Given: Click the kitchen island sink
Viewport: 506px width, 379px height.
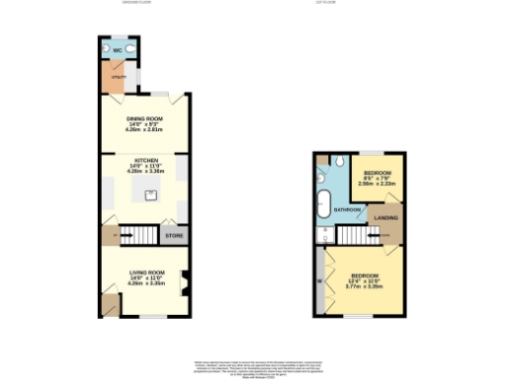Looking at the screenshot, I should pyautogui.click(x=151, y=193).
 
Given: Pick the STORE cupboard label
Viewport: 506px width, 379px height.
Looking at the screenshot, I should pyautogui.click(x=174, y=236).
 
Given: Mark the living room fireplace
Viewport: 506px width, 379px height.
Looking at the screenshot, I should pyautogui.click(x=184, y=289).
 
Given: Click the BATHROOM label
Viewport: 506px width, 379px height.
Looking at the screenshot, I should pyautogui.click(x=346, y=210).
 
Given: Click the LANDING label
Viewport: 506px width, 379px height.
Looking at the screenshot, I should pyautogui.click(x=385, y=218).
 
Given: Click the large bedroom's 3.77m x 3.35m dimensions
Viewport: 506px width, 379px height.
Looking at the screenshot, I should pyautogui.click(x=365, y=287).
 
